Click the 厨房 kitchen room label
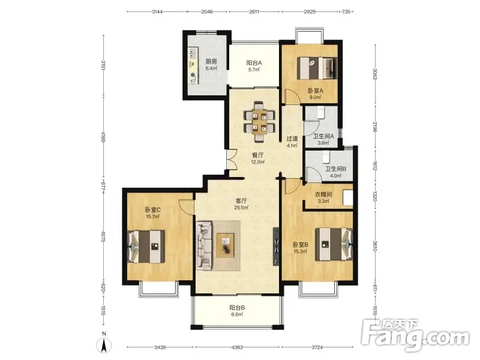coord(211,62)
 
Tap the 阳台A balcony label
coord(254,63)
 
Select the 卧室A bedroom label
coord(316,91)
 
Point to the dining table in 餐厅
coord(259,122)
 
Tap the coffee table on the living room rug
coord(226,245)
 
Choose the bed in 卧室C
coord(146,246)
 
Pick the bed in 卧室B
coord(334,244)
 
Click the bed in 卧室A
coord(317,68)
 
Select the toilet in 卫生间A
coord(321,112)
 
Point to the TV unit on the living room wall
coord(276,247)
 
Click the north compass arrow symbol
coord(104,346)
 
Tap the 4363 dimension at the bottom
coord(237,347)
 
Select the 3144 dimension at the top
coord(157,11)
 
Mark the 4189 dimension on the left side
coord(103,137)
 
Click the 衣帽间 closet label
coord(323,194)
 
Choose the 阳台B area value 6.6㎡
coord(237,314)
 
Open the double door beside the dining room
coord(232,159)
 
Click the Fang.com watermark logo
coord(415,335)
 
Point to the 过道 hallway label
coord(292,139)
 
